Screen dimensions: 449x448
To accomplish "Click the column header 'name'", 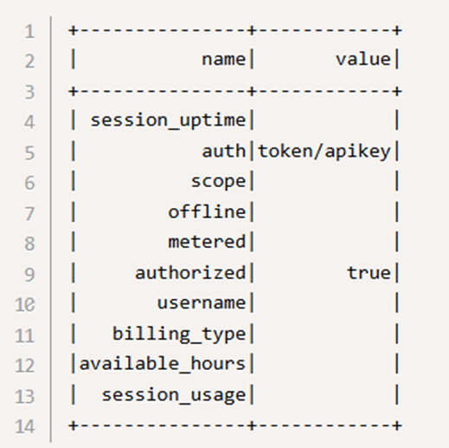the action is [224, 60].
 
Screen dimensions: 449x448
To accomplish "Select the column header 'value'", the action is [363, 60].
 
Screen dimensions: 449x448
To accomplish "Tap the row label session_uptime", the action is [168, 120].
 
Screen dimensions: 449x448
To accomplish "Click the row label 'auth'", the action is [224, 151].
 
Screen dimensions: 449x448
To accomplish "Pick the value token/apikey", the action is [324, 152].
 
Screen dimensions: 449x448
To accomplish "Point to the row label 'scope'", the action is [218, 182].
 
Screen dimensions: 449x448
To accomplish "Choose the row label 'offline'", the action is [207, 211].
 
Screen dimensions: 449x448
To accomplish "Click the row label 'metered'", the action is [207, 242].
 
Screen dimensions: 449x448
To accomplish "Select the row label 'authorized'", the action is [190, 273].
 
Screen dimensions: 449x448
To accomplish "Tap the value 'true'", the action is [369, 273].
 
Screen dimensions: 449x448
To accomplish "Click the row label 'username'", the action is [202, 303].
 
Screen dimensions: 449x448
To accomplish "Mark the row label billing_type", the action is [179, 334].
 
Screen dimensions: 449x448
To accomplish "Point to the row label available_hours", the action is [163, 363].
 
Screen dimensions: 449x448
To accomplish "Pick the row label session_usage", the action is [174, 395].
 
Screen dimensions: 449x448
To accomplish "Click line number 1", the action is [29, 31].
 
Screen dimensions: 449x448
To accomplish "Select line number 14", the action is [25, 426].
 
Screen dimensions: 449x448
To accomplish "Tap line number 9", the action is [29, 275].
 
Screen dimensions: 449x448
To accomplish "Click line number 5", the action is [29, 153].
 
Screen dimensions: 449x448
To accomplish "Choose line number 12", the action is [25, 365].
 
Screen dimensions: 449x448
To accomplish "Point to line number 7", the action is [29, 214].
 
